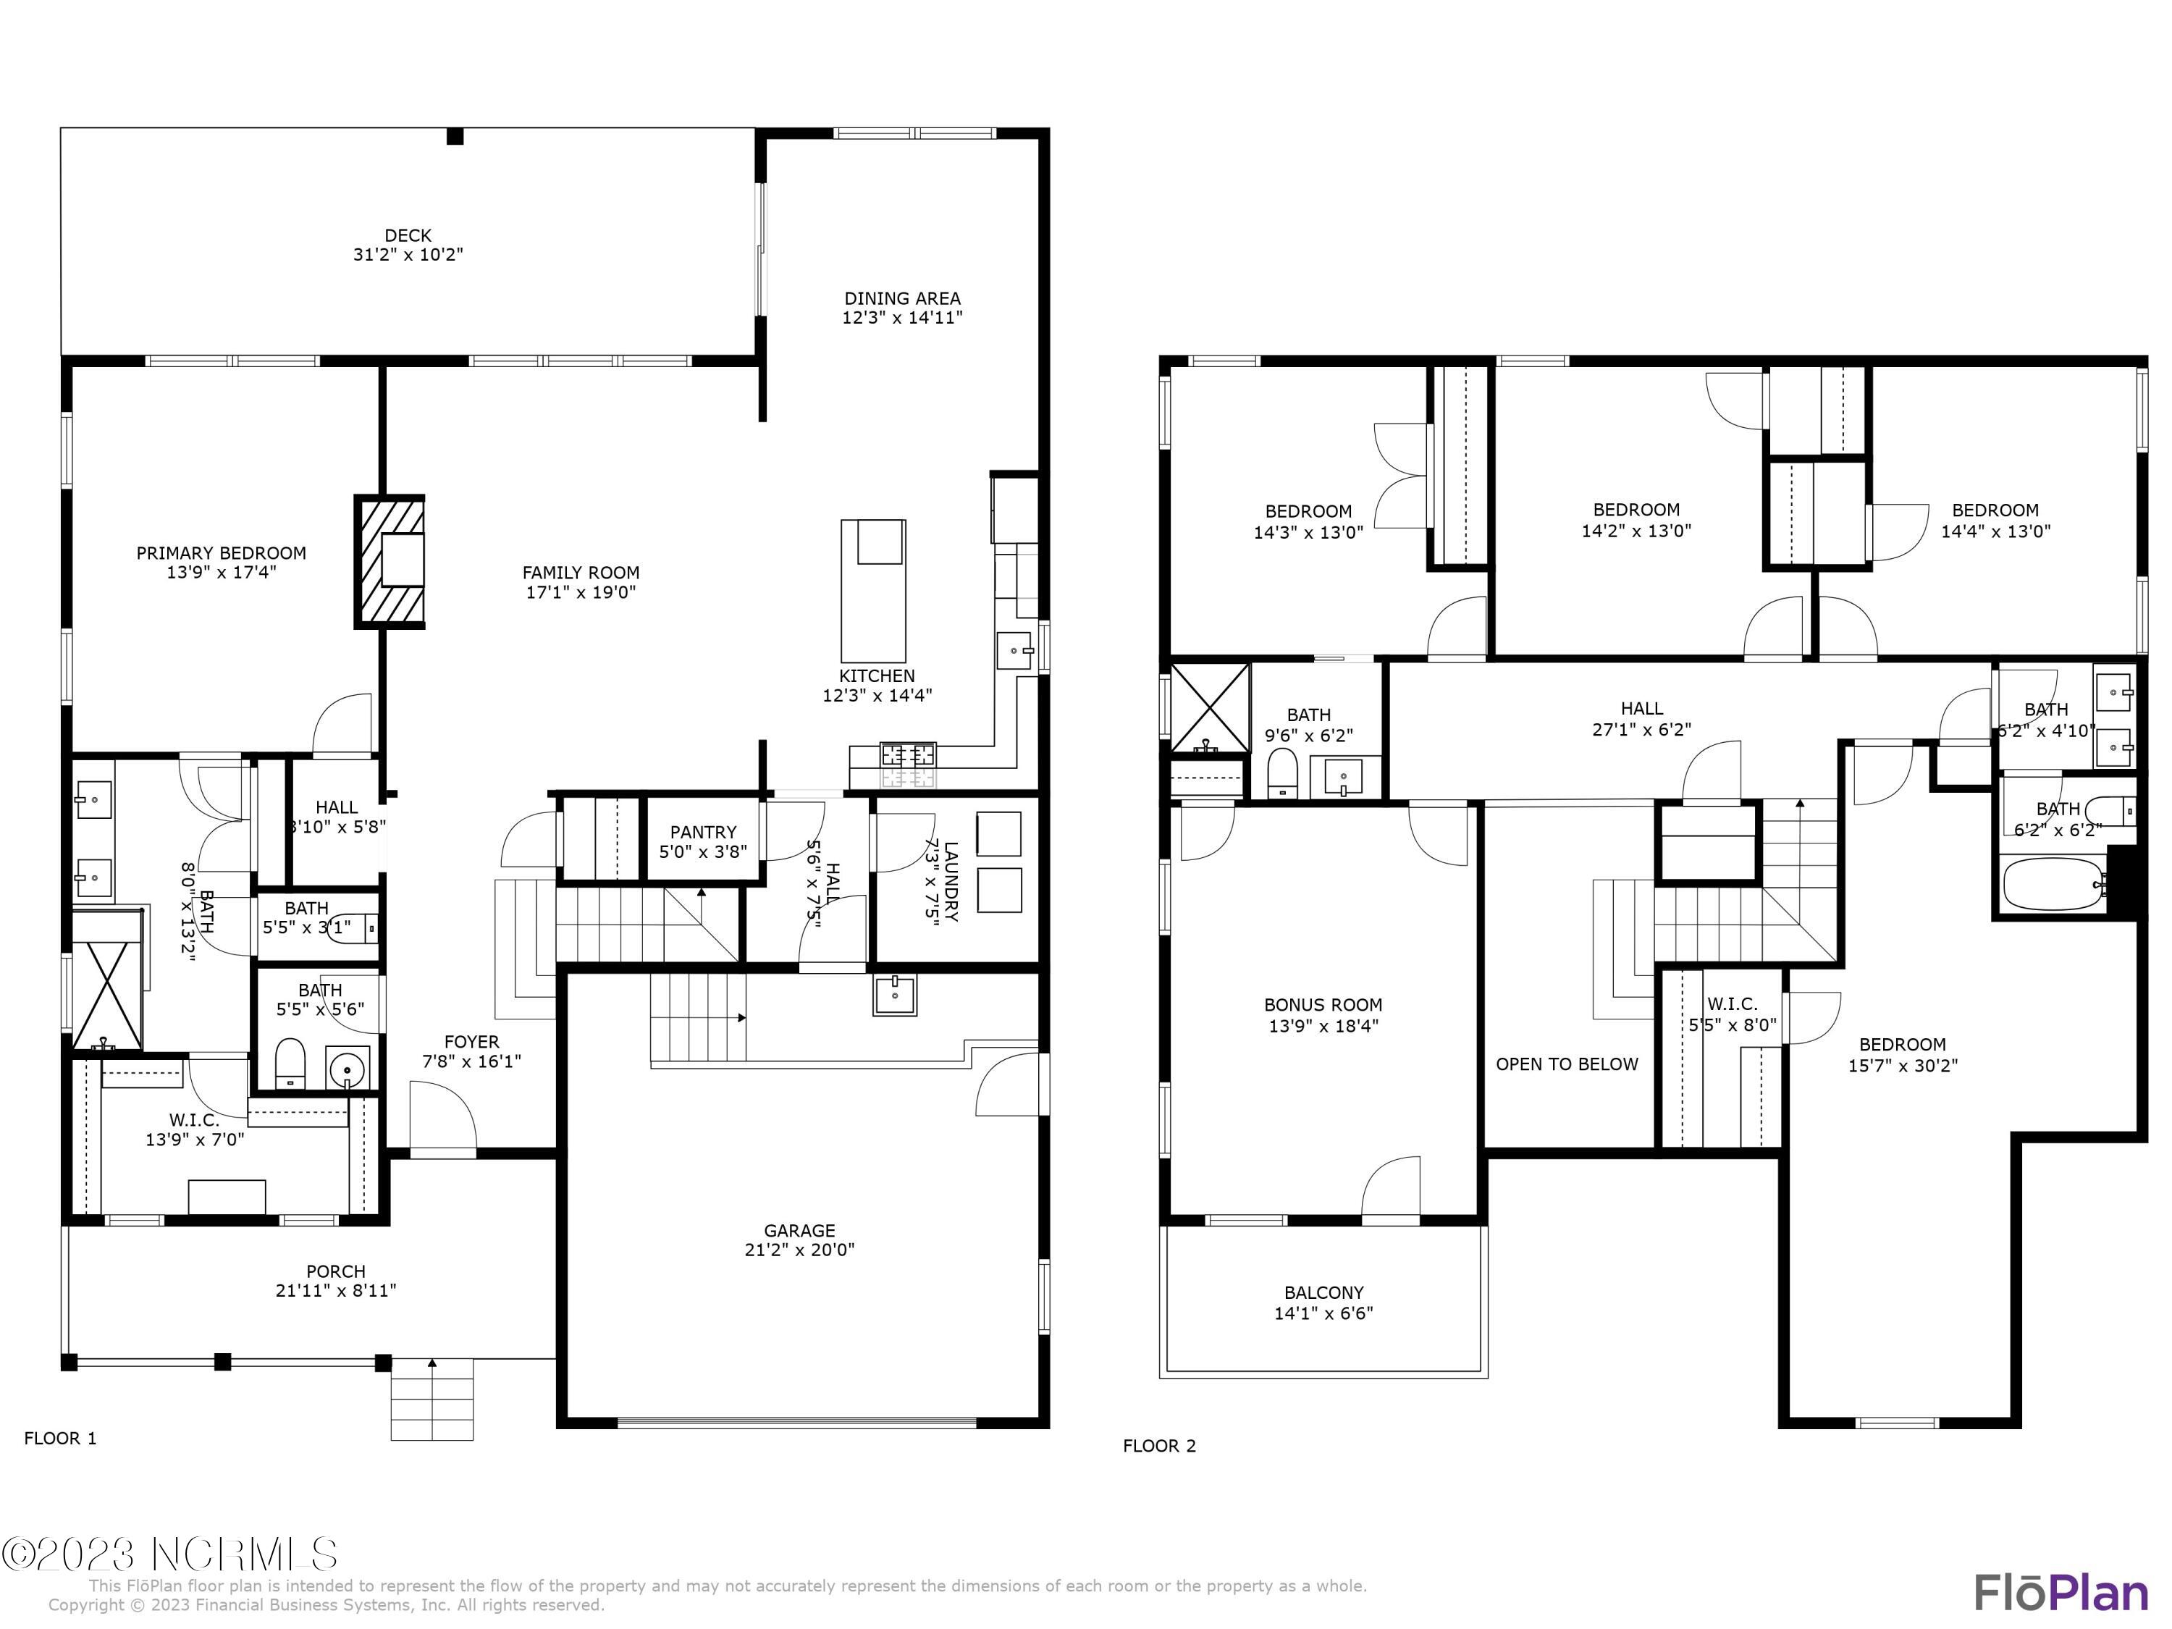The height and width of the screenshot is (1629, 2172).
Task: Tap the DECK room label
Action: (408, 235)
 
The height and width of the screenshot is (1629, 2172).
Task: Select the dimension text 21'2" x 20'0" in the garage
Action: (799, 1250)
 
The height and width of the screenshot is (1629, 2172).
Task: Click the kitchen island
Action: (873, 591)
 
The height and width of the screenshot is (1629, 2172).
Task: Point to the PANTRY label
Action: (703, 833)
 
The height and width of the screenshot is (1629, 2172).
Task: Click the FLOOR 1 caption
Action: (61, 1439)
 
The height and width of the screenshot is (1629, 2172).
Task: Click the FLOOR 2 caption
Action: (1160, 1445)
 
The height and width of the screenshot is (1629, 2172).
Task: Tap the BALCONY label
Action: (1323, 1293)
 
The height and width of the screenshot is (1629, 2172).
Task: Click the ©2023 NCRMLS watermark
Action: (170, 1554)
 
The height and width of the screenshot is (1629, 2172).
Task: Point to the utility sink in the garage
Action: (895, 995)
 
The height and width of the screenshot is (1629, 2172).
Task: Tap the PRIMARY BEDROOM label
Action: (221, 554)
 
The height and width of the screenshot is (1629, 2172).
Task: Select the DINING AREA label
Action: (902, 298)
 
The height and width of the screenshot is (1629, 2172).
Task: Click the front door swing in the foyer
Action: (442, 1119)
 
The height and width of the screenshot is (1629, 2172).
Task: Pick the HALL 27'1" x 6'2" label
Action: (1642, 709)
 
